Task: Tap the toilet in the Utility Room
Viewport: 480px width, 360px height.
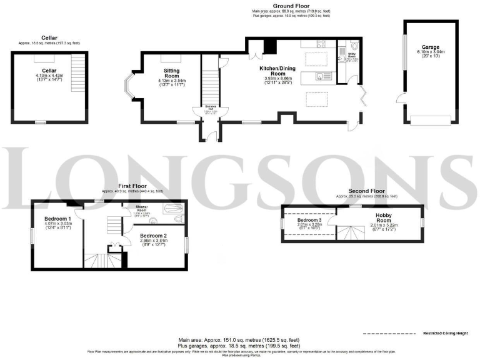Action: pos(354,46)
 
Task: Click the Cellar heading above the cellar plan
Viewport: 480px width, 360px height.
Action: pos(49,37)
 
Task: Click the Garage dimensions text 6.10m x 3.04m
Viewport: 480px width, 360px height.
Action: pos(431,52)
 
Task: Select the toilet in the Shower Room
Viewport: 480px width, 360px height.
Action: pos(180,220)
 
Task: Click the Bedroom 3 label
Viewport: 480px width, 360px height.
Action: pos(309,221)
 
